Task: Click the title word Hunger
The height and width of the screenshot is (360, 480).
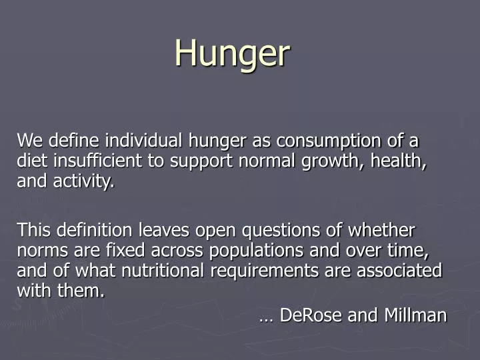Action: click(x=232, y=53)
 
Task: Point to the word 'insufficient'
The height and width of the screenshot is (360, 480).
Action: click(x=90, y=161)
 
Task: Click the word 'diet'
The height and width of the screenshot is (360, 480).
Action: click(x=30, y=161)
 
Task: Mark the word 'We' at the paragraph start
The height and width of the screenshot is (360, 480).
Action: click(x=29, y=141)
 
